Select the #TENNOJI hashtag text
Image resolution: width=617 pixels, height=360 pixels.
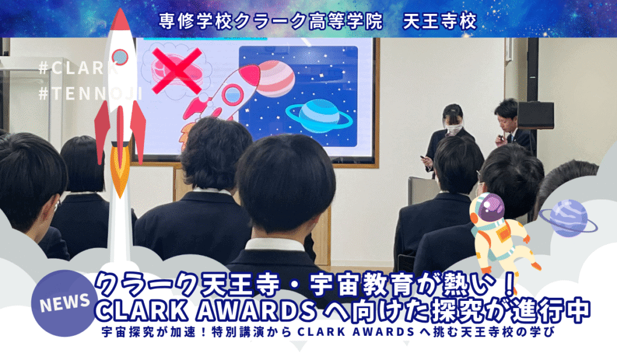pos(90,93)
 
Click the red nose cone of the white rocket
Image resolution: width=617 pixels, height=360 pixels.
pos(120,21)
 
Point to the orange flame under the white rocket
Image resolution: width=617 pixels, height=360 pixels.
pos(120,170)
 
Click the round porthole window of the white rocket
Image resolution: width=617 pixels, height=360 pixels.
pos(120,57)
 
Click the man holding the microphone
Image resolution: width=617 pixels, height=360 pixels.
pos(512,125)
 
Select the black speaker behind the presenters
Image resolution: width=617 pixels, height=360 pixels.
pos(536,115)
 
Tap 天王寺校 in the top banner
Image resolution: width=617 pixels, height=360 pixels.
pos(440,21)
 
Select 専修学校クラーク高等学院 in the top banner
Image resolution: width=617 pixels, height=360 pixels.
pos(271,21)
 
